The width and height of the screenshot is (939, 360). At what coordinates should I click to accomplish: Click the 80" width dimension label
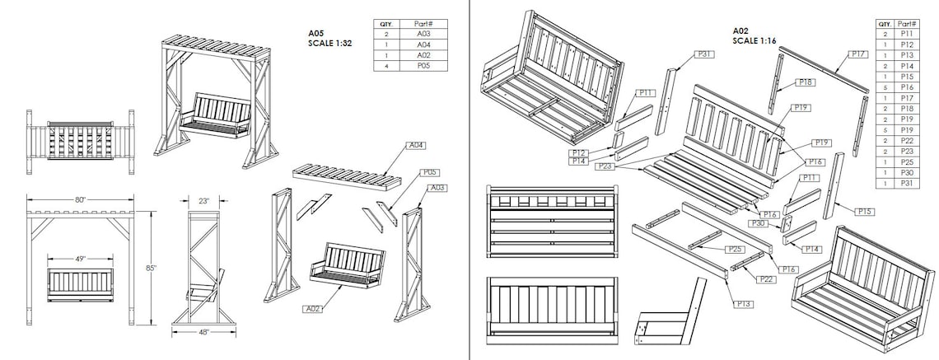(80, 199)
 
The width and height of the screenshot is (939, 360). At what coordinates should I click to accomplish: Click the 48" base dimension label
(203, 332)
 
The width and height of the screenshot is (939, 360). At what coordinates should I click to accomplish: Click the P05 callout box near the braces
(429, 173)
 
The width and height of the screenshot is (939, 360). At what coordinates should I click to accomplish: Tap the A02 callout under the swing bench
(313, 309)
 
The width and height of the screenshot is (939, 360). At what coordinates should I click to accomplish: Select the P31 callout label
(704, 54)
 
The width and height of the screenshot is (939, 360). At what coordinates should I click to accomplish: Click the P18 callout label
(806, 82)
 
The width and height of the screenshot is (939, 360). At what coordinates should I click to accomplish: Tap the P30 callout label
(758, 223)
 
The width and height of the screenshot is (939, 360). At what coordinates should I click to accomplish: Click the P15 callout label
(864, 212)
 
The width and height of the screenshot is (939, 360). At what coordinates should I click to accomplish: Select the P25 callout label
(734, 248)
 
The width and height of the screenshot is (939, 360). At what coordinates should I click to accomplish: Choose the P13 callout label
(742, 304)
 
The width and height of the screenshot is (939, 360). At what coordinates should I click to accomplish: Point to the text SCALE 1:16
(755, 40)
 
